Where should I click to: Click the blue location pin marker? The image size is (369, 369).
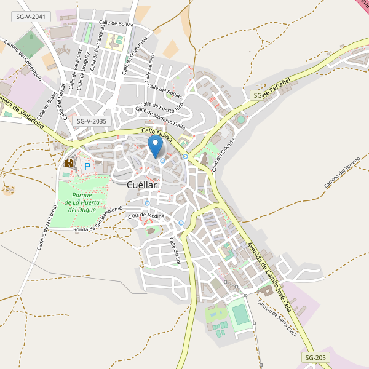(x=156, y=146)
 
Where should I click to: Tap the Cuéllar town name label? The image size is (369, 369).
(x=142, y=184)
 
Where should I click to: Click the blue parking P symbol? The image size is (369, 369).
(x=87, y=166)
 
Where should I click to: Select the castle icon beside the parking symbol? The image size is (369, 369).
(x=69, y=162)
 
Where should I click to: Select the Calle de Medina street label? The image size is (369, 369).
(x=146, y=216)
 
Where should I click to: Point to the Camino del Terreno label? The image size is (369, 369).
(x=342, y=173)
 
